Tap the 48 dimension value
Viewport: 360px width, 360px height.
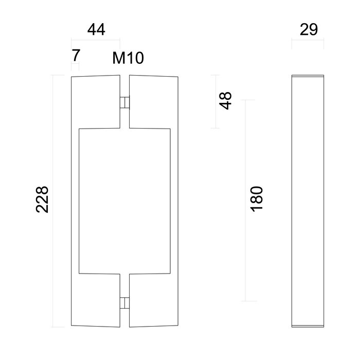226,99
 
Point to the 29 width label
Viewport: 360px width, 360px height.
308,30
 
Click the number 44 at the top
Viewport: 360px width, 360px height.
96,30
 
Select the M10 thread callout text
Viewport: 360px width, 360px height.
128,58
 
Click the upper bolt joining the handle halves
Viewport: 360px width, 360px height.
124,102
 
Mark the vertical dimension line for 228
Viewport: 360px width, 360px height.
54,201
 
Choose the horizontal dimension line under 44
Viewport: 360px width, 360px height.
96,41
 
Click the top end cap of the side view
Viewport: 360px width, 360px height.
308,77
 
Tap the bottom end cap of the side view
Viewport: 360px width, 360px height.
308,326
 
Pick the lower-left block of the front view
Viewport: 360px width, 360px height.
95,301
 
